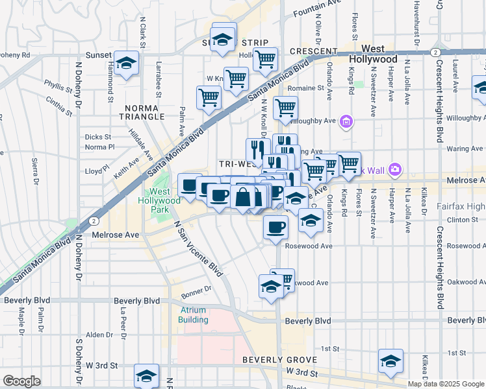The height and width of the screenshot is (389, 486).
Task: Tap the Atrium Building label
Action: point(194,314)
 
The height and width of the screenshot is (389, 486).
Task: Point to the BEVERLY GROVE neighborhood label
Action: point(279,360)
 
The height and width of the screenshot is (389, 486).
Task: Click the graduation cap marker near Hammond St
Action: point(127,63)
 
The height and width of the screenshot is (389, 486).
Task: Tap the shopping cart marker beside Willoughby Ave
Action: point(285,108)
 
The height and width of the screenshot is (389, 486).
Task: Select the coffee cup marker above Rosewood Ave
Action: point(275,228)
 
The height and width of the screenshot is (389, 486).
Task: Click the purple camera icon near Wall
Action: point(395,171)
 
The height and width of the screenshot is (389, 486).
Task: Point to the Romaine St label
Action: point(306,88)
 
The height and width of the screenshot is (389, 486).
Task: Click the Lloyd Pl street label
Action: point(96,171)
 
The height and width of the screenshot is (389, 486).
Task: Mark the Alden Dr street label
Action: point(99,335)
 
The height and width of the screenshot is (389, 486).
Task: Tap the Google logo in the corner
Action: point(21,381)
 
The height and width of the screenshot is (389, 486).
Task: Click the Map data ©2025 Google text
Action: point(446,384)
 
